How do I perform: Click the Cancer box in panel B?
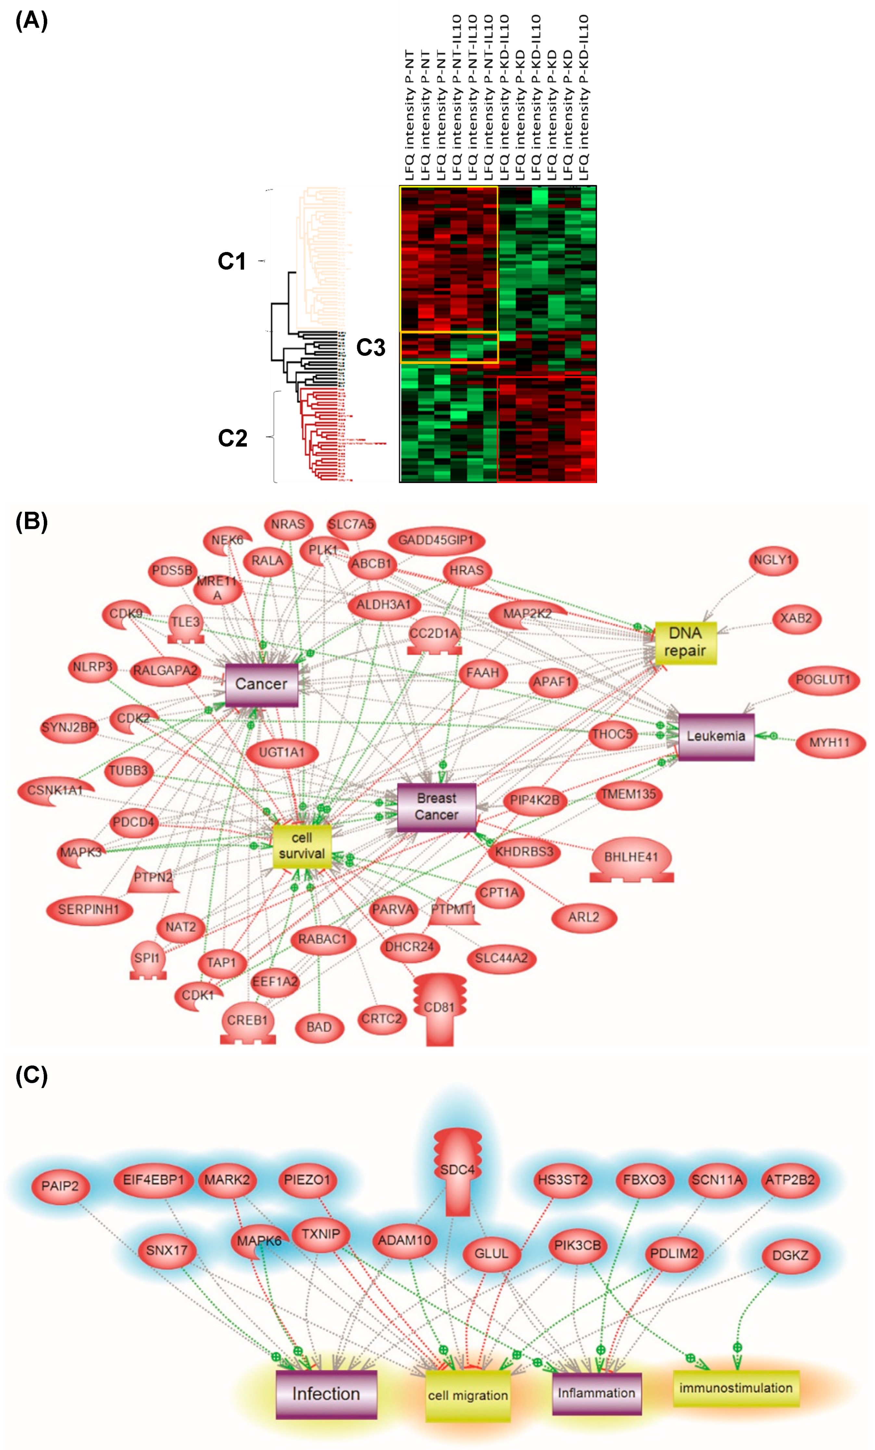tap(262, 684)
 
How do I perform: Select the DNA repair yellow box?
tap(686, 643)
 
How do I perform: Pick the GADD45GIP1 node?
tap(436, 540)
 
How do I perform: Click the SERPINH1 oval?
tap(89, 909)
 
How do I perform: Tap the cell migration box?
tap(467, 1395)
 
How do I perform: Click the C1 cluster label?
tap(232, 261)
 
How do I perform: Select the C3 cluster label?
tap(371, 348)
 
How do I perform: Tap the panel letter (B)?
tap(31, 521)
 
